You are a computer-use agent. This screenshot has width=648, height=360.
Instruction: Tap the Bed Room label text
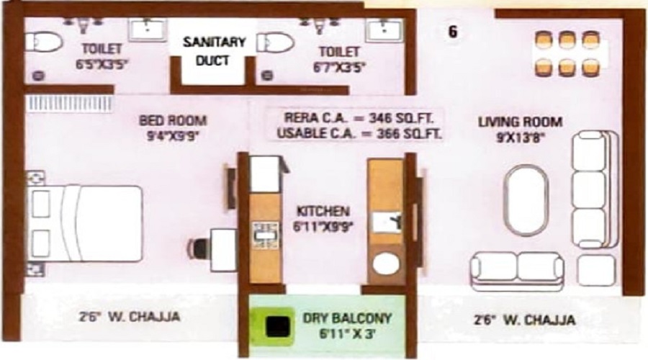pyautogui.click(x=173, y=120)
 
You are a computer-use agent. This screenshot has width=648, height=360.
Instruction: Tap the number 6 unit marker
pyautogui.click(x=452, y=32)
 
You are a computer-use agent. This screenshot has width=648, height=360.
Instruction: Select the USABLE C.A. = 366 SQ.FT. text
pyautogui.click(x=353, y=133)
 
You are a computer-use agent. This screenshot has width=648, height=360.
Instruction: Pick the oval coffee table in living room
pyautogui.click(x=524, y=201)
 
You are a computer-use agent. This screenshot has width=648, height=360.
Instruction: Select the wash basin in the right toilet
pyautogui.click(x=384, y=30)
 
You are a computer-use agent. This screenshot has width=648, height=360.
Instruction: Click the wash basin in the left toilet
pyautogui.click(x=148, y=30)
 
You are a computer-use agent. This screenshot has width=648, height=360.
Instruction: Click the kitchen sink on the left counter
pyautogui.click(x=264, y=233)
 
